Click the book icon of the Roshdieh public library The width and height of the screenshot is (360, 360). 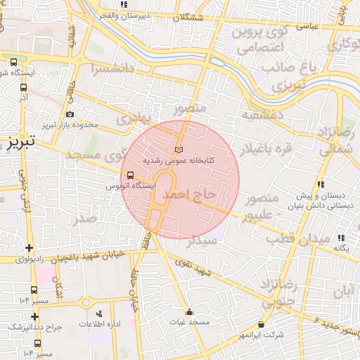[179, 150]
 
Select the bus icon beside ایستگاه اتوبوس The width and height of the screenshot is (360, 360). [129, 176]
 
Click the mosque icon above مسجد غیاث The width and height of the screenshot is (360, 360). [188, 311]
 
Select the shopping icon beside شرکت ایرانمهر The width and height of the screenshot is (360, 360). [262, 325]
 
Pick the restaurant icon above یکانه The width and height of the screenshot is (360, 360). [341, 238]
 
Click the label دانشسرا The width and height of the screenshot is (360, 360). [113, 68]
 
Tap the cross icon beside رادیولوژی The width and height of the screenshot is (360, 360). [28, 247]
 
